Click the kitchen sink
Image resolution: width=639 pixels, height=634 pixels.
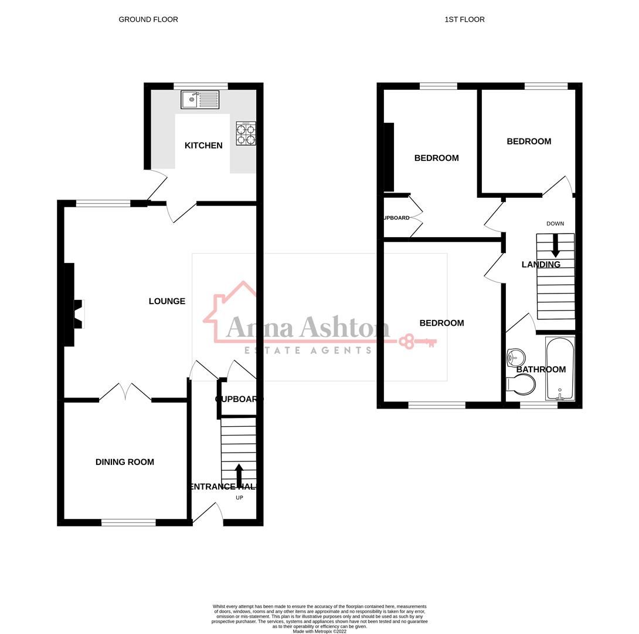pos(200,100)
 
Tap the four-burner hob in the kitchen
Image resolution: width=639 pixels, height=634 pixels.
pos(246,133)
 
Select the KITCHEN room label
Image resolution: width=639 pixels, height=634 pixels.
pos(203,146)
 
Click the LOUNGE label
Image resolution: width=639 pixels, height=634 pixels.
pos(167,301)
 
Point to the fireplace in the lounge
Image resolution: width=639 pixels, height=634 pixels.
pos(77,313)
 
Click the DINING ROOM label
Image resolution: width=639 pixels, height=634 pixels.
pos(125,462)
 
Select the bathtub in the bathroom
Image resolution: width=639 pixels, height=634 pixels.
pos(560,369)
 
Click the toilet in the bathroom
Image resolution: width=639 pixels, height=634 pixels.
pos(522,385)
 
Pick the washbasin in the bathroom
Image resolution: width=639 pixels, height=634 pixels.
pos(515,356)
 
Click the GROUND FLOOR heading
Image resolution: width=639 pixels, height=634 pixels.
pos(148,19)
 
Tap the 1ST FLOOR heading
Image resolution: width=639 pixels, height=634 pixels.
pos(464,19)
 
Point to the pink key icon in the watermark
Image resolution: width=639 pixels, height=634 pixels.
pos(418,341)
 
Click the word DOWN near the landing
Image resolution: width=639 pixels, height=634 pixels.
pos(555,224)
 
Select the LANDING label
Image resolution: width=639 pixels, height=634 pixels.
pos(541,265)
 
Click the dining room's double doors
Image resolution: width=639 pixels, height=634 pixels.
pos(125,392)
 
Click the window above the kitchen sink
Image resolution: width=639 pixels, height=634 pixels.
pos(200,86)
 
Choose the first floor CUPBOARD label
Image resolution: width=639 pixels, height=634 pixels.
pos(397,218)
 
